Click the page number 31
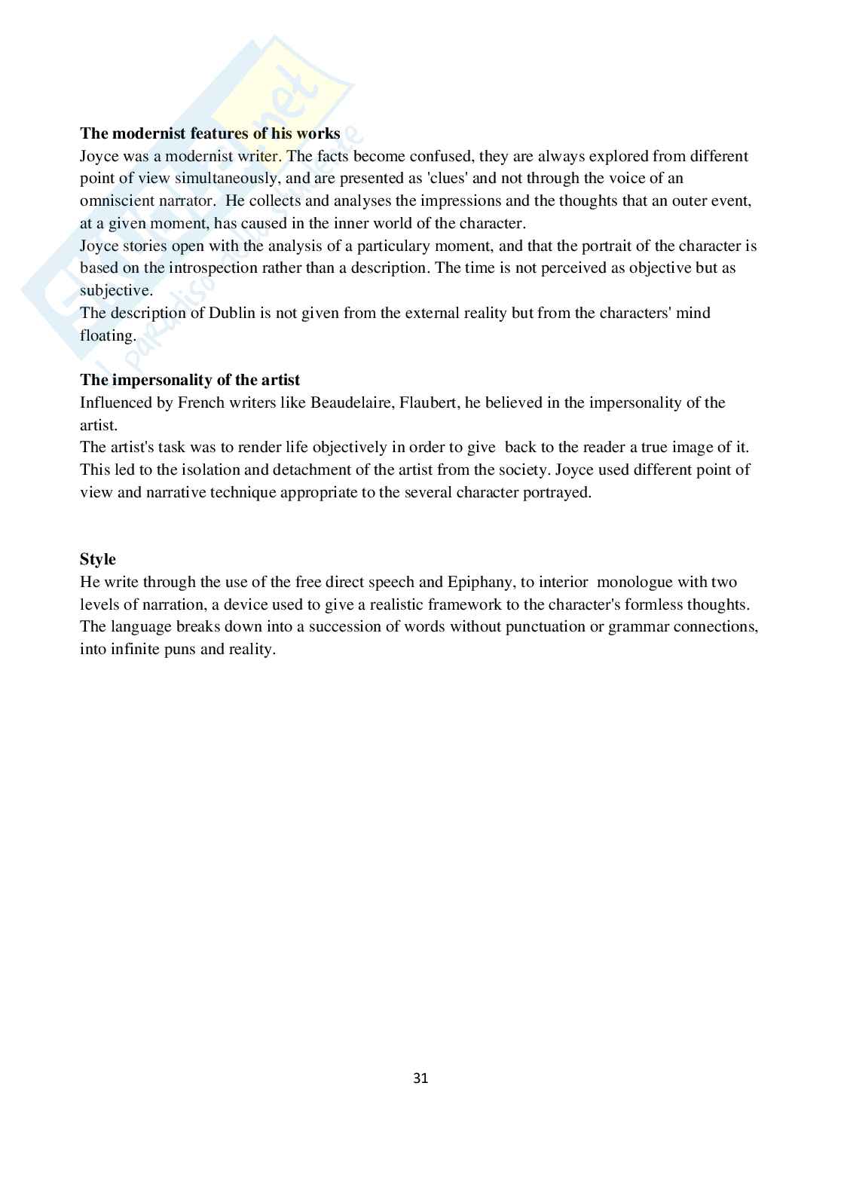[x=420, y=1078]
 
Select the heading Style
[x=98, y=559]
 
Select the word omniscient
[x=117, y=201]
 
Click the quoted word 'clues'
[x=447, y=179]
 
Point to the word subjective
[x=115, y=291]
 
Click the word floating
[x=107, y=335]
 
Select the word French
[x=200, y=402]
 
